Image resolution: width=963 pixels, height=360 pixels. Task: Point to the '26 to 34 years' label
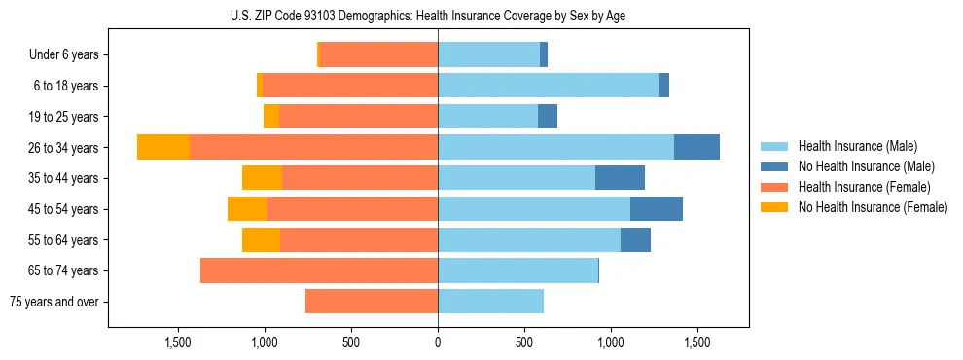point(62,148)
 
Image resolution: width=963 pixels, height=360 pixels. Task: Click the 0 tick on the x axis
point(438,342)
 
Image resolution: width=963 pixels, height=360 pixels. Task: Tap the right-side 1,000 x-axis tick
point(611,342)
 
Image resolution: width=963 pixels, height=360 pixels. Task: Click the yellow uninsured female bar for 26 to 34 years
point(163,147)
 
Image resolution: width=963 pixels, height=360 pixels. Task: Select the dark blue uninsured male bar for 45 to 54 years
point(657,209)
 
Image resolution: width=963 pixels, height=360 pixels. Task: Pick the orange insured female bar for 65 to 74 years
point(319,270)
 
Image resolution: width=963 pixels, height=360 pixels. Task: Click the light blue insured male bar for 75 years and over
point(490,302)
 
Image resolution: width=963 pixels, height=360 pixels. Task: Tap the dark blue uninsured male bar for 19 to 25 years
point(548,117)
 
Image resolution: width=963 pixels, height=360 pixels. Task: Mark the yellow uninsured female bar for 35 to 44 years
point(262,178)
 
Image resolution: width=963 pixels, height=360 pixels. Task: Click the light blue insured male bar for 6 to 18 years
point(548,86)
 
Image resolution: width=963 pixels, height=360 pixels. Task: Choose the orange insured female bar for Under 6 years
point(379,55)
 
